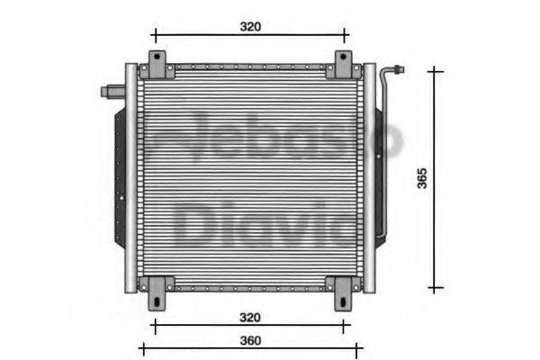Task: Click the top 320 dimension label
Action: tap(250, 26)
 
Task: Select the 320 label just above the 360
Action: tap(250, 317)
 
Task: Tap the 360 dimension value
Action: tap(250, 340)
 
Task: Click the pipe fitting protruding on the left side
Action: tap(112, 90)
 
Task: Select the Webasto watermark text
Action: tap(270, 139)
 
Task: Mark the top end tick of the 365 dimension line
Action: tap(436, 68)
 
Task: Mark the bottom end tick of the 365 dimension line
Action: tap(436, 289)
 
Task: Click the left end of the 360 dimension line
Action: tap(142, 346)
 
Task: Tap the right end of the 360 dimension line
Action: tap(361, 346)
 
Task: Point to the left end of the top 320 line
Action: tap(155, 36)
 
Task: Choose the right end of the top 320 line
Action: tap(346, 36)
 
